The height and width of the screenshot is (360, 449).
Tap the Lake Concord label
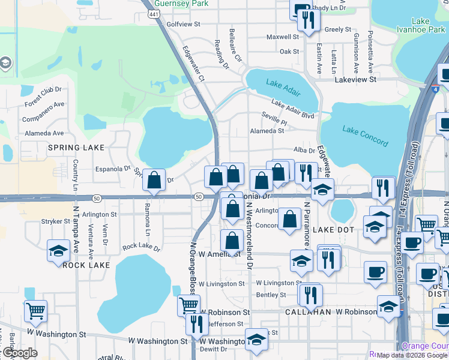pos(365,133)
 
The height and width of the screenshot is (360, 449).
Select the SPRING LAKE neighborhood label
pos(76,147)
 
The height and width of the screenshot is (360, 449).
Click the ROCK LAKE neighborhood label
pos(86,265)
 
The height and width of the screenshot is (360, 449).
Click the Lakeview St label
pos(355,79)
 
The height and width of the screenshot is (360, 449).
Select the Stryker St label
pos(56,221)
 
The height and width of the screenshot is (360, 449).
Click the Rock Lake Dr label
pos(141,247)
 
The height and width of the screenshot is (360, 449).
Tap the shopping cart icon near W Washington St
pos(35,310)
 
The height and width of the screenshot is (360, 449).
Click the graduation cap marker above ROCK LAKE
pos(58,250)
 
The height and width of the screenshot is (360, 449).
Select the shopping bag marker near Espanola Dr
pos(154,179)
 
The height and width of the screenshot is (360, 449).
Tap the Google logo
pos(20,353)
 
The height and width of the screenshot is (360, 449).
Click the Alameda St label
pos(267,130)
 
